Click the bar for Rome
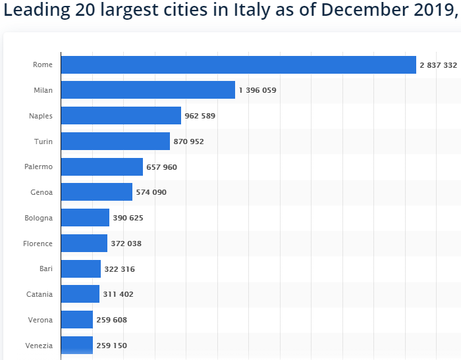click(x=238, y=64)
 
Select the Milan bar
click(x=148, y=90)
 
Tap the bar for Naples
click(x=121, y=116)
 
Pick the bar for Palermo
click(x=102, y=167)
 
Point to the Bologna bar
click(x=85, y=218)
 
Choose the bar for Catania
click(x=80, y=294)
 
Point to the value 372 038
click(x=126, y=244)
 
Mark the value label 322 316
click(x=120, y=269)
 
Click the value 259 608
click(x=111, y=320)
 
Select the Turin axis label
click(x=43, y=141)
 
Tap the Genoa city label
click(x=41, y=192)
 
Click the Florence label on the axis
click(x=38, y=244)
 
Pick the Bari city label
click(x=45, y=269)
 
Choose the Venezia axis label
click(x=39, y=346)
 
